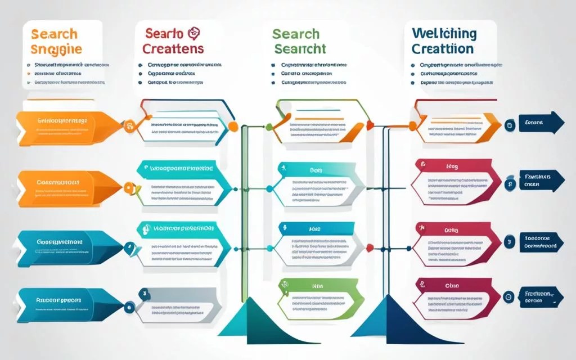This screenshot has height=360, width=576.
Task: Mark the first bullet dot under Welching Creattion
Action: [x=413, y=65]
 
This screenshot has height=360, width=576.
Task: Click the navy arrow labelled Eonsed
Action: [x=541, y=123]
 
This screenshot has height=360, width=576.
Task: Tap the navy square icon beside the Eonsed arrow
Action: [x=510, y=124]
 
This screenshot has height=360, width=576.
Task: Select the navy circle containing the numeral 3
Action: [x=508, y=242]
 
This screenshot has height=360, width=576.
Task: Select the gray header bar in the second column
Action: [x=177, y=294]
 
